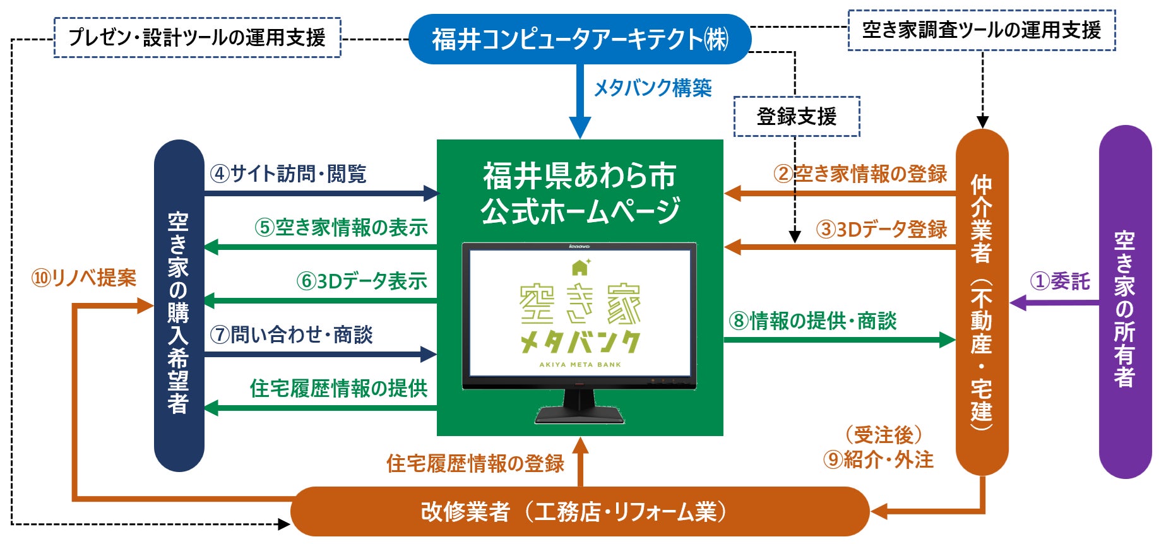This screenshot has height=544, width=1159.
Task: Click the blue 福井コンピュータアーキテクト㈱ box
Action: click(x=579, y=39)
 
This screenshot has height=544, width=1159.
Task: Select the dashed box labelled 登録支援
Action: click(x=796, y=117)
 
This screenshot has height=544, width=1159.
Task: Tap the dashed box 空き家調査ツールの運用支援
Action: click(x=981, y=30)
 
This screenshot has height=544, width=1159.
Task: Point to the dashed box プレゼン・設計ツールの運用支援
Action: click(x=197, y=38)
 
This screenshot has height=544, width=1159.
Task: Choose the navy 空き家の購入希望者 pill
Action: click(x=179, y=305)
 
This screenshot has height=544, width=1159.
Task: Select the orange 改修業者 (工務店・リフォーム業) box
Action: click(x=579, y=511)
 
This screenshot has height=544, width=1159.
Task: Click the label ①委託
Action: click(x=1060, y=281)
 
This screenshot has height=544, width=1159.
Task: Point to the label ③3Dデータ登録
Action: click(x=881, y=229)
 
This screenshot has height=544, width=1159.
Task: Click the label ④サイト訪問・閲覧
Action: click(x=288, y=174)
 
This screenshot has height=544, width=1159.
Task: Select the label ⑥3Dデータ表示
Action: click(x=362, y=281)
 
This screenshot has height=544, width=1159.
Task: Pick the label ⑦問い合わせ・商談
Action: click(x=291, y=334)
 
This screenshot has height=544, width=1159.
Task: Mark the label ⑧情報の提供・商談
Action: click(x=812, y=321)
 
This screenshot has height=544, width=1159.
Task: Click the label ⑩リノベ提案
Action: click(x=84, y=278)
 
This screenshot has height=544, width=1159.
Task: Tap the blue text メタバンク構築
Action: click(x=653, y=88)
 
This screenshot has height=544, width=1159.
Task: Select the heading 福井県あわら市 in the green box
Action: click(x=579, y=176)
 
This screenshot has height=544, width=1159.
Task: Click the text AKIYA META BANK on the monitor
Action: click(x=579, y=365)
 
